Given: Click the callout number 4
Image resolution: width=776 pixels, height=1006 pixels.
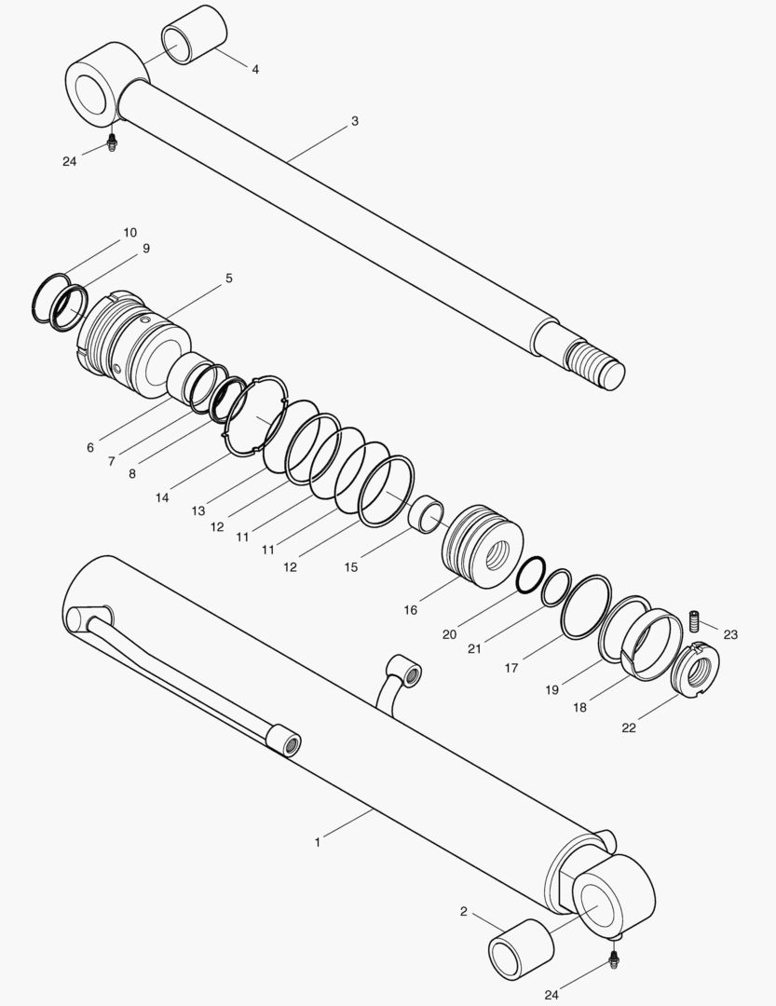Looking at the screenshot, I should coord(255,70).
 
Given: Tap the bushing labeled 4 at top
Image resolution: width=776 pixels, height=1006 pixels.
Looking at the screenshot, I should coord(194,34).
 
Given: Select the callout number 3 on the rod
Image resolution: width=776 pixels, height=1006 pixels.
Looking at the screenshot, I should coord(355,121).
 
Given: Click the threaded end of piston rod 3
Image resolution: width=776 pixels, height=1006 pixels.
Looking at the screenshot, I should coord(594,360).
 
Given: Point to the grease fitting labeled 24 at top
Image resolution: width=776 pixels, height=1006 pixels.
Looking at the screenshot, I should coord(113,143).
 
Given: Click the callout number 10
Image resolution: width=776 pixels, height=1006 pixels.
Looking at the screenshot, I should coord(129,232).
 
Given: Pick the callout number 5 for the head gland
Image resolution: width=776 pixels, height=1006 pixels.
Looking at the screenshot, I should coord(228,279).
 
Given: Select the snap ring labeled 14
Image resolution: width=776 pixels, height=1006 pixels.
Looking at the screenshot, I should coord(254,416).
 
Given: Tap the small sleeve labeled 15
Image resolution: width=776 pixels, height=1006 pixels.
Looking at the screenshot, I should coord(428,514).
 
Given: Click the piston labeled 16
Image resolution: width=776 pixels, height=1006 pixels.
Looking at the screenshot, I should coord(482,545).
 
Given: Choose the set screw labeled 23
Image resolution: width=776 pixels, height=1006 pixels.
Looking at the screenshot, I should coord(694,619).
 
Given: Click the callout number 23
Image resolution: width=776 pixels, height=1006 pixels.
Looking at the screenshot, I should coord(730,634).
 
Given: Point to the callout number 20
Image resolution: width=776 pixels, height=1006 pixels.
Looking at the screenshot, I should coord(450,634).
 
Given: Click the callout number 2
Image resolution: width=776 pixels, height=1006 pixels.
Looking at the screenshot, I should coord(463,911).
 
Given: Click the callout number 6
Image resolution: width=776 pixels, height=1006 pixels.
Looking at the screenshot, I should coord(90,448).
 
